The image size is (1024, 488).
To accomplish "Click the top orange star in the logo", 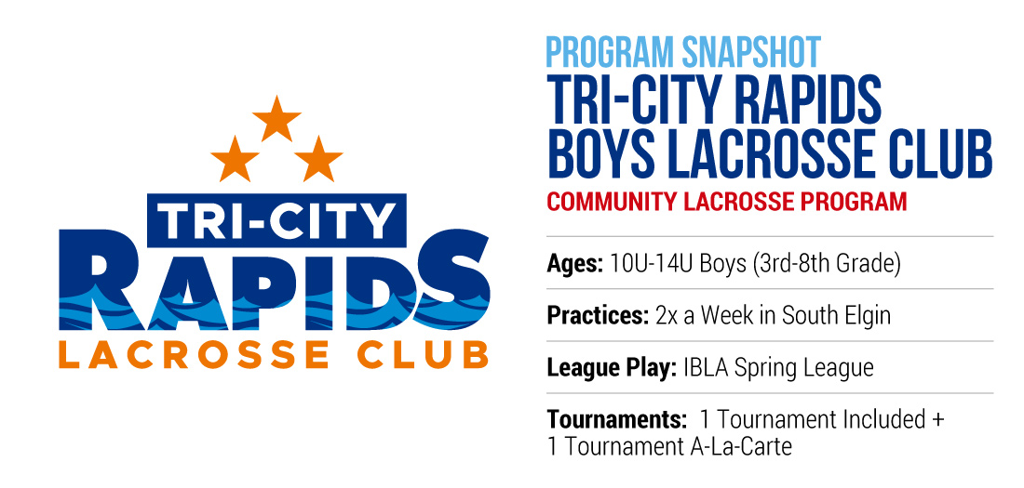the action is tap(276, 119).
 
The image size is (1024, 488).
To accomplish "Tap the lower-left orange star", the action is tap(236, 160).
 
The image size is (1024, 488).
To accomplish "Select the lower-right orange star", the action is tap(318, 160).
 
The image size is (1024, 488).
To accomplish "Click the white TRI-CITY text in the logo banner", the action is tap(276, 220).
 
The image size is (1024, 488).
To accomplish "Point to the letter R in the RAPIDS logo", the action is tap(98, 280).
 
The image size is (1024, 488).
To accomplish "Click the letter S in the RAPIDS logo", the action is tap(451, 280).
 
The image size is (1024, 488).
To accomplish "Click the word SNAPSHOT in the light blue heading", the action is tap(751, 53).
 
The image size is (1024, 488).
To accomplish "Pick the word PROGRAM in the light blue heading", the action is tap(610, 53).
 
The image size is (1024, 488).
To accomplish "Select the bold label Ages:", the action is tap(575, 264).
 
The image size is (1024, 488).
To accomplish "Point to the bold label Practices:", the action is tap(598, 315).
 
